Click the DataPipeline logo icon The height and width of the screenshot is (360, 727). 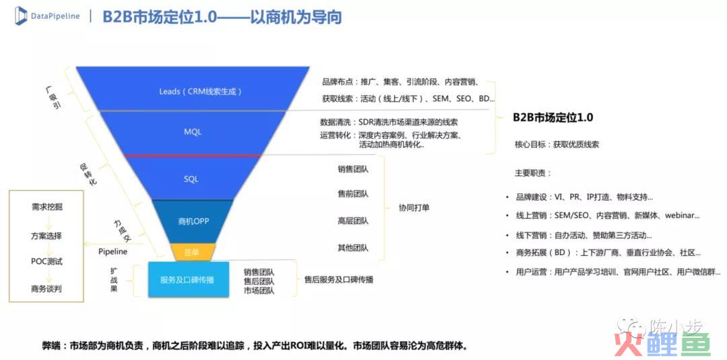tap(21, 15)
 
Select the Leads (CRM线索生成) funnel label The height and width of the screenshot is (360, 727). tap(201, 92)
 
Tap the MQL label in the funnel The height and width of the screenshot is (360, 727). tap(193, 132)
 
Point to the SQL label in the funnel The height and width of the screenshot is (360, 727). tap(191, 179)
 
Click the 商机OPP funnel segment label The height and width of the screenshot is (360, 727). tap(193, 221)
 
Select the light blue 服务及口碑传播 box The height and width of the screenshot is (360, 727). tap(188, 280)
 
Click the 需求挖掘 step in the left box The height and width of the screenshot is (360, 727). tap(46, 207)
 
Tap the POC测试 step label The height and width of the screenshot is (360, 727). tap(46, 262)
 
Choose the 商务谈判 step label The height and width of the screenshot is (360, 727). tap(46, 289)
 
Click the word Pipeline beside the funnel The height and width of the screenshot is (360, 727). tap(112, 252)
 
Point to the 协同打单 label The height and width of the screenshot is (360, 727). tap(414, 208)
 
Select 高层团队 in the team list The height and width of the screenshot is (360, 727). tap(353, 221)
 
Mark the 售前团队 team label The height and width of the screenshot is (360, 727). tap(353, 194)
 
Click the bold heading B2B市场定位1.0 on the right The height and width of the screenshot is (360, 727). tap(553, 118)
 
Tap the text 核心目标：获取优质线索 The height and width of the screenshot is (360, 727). tap(557, 145)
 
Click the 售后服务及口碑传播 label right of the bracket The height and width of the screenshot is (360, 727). tap(339, 280)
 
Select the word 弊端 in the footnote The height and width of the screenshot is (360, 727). tap(51, 346)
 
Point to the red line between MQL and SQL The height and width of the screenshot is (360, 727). tap(191, 155)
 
